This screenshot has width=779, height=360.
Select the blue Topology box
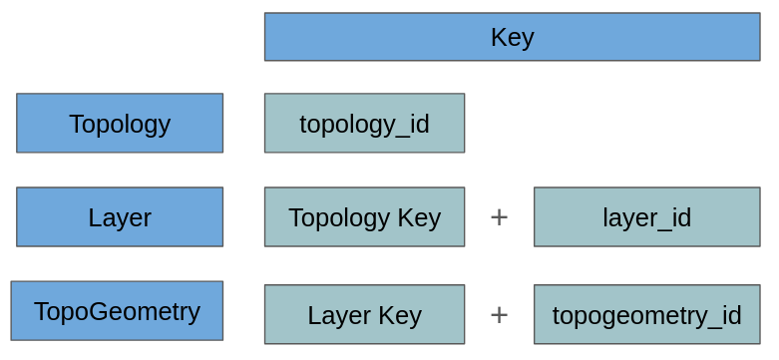pos(120,124)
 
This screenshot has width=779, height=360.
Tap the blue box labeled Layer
pos(120,217)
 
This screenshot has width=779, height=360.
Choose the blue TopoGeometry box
pos(117,311)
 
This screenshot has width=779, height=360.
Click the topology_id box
pos(364,124)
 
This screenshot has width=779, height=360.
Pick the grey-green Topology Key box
pos(364,217)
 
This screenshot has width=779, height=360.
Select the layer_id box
pos(646,217)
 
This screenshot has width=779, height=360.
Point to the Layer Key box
pos(364,315)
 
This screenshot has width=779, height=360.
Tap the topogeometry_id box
pos(646,315)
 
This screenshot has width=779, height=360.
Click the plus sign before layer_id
pos(499,217)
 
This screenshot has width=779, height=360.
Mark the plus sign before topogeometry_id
pos(499,315)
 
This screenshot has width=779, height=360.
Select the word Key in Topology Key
pos(420,217)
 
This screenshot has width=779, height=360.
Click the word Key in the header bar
pos(512,37)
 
